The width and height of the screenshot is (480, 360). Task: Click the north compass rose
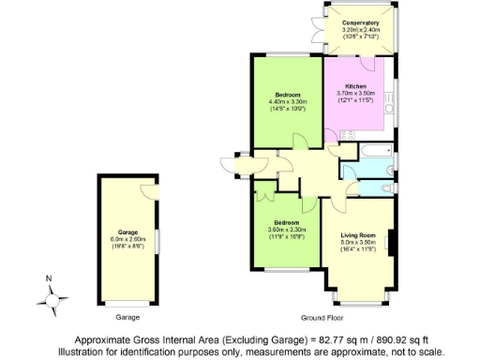tap(52, 298)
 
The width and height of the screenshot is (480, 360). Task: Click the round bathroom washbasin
tap(349, 170)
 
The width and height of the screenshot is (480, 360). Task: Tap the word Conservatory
tap(361, 22)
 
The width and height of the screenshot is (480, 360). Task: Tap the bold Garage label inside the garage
tap(127, 231)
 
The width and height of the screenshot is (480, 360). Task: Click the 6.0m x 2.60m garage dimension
tap(127, 238)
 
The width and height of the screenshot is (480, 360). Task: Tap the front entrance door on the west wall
tap(228, 165)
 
